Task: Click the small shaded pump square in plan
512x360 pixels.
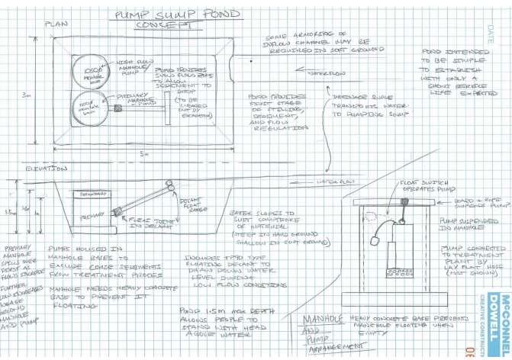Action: pyautogui.click(x=119, y=108)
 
